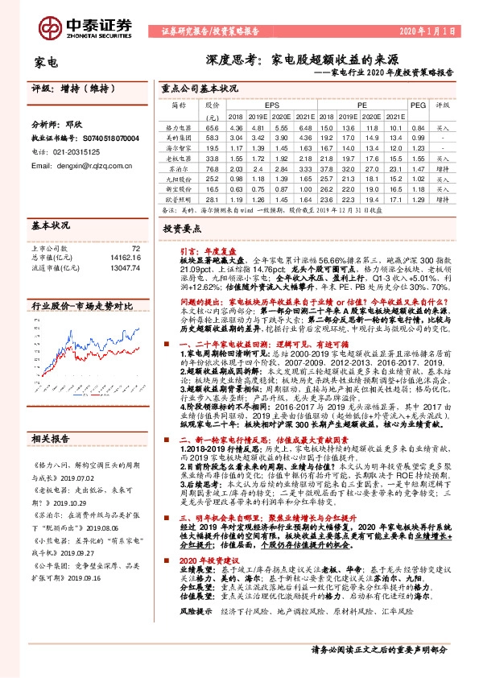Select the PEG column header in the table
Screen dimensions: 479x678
point(417,105)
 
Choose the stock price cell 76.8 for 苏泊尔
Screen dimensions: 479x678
point(213,169)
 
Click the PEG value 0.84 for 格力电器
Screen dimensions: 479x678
point(417,127)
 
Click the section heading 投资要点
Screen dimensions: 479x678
point(179,229)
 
